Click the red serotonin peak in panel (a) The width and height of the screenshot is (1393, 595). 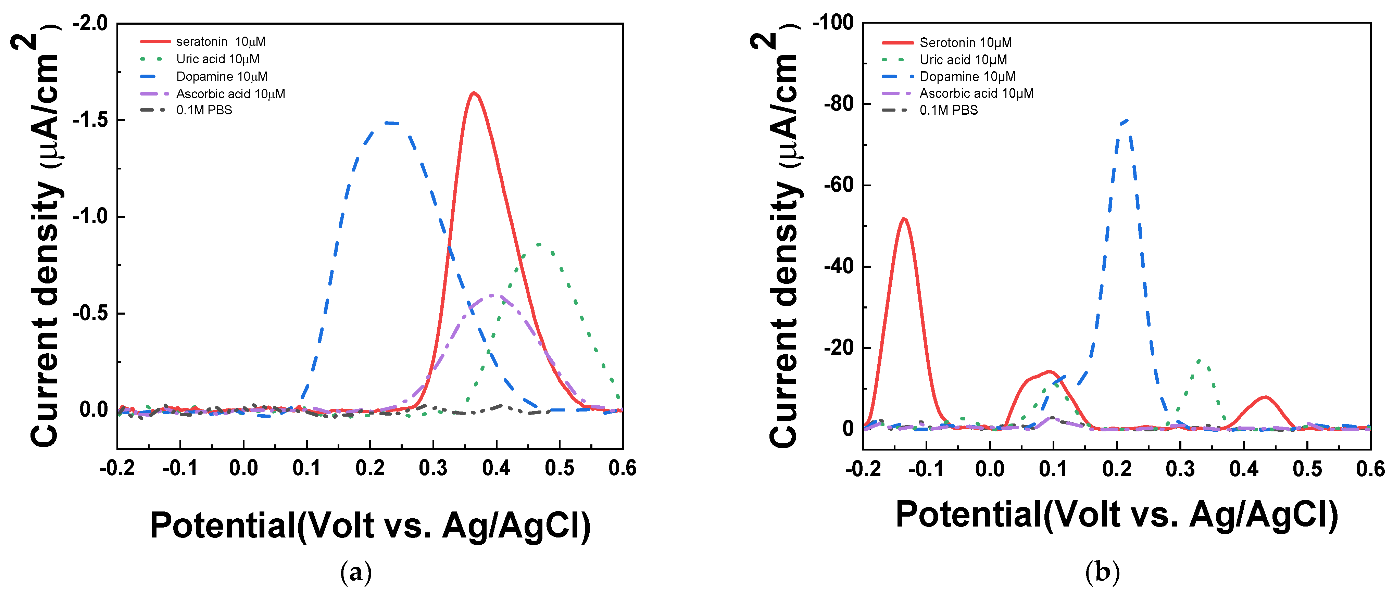(474, 93)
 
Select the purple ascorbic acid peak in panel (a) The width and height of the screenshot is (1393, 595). (493, 295)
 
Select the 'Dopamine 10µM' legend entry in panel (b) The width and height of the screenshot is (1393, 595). (967, 76)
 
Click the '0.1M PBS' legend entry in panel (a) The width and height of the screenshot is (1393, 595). (204, 110)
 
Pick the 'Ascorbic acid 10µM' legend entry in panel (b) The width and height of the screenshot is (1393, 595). (976, 93)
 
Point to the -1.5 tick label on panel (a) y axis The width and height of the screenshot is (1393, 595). (90, 120)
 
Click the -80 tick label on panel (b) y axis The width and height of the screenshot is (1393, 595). (838, 103)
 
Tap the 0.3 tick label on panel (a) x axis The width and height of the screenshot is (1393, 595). (433, 468)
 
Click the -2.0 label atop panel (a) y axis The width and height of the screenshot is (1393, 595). (90, 24)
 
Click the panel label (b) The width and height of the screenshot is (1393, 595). (1102, 572)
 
